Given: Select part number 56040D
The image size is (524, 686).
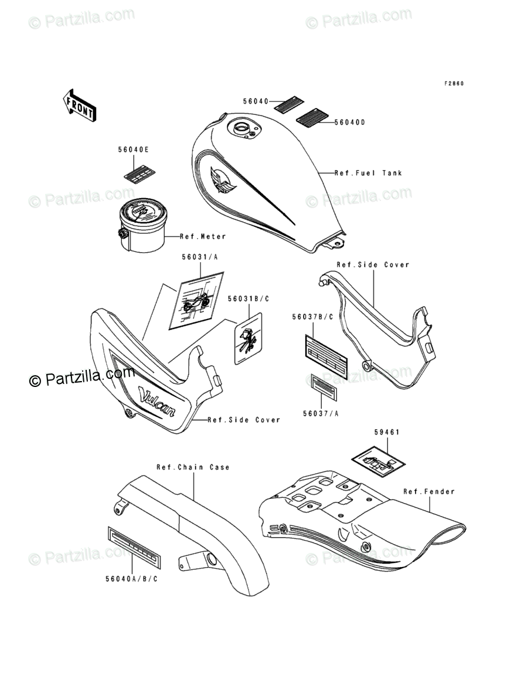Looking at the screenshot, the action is (x=350, y=123).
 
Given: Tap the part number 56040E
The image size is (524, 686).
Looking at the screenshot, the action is (x=133, y=150).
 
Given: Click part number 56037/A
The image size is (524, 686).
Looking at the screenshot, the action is (x=321, y=413).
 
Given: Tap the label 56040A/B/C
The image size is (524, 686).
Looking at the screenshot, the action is (x=132, y=578).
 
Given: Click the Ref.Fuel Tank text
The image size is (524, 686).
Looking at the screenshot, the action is (x=368, y=173).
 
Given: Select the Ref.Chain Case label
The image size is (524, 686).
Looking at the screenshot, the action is (x=193, y=467).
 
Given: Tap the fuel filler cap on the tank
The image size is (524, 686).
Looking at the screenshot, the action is (x=242, y=127).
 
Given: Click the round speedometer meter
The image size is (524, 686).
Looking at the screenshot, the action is (x=143, y=226).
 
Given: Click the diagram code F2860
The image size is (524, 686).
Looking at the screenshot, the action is (x=454, y=83).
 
